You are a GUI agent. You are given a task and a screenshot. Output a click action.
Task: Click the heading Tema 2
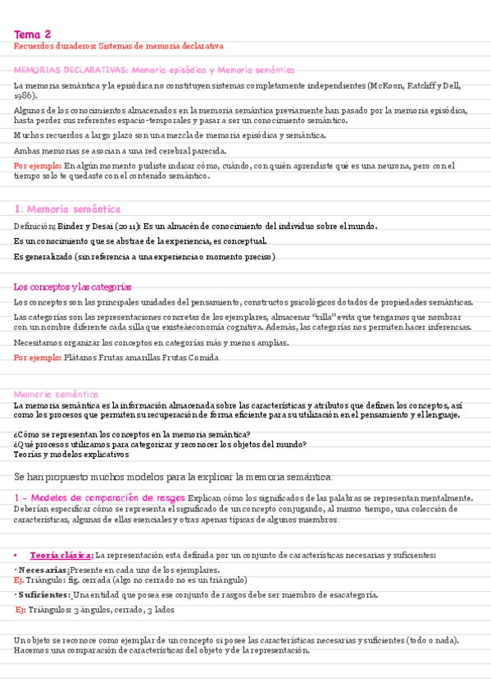[x=33, y=34]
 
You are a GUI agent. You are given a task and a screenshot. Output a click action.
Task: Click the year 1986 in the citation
[x=24, y=95]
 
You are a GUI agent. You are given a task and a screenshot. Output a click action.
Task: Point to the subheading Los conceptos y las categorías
[x=73, y=286]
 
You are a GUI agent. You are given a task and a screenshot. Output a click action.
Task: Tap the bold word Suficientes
[x=44, y=594]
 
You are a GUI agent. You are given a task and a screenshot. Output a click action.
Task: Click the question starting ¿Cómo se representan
[x=132, y=434]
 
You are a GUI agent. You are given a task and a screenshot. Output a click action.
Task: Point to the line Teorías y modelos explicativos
[x=71, y=454]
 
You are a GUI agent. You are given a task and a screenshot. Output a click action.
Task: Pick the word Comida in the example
[x=203, y=358]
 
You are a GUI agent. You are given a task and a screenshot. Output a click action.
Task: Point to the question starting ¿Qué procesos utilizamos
[x=160, y=444]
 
